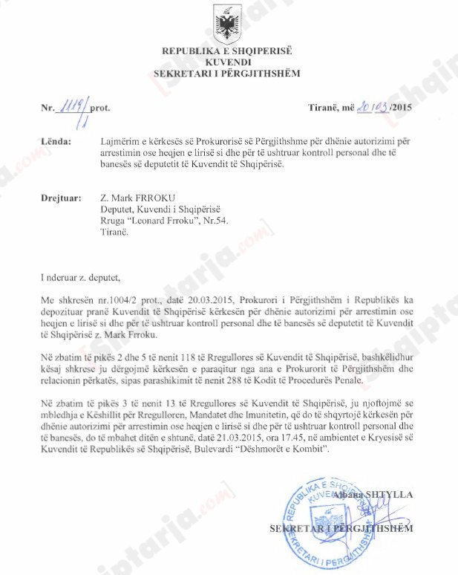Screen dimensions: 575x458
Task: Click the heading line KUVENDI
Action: coord(228,62)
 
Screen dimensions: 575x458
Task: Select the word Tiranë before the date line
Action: coord(324,107)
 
